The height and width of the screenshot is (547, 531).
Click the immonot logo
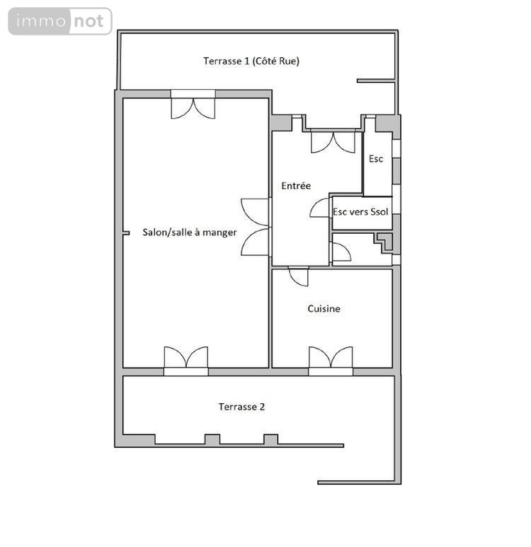(x=60, y=21)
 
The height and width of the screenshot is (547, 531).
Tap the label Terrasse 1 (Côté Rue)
(x=251, y=61)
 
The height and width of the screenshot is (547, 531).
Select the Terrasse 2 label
(x=241, y=407)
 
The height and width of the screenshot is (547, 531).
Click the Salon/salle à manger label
(x=190, y=232)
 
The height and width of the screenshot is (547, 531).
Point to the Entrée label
(x=296, y=186)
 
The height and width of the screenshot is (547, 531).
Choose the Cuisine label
(x=324, y=308)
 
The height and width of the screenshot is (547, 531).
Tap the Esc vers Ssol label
(x=360, y=212)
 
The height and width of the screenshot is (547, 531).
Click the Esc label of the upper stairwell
(x=376, y=159)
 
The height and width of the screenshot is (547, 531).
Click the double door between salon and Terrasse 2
(x=186, y=357)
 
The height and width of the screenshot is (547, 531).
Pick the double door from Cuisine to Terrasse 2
(x=331, y=357)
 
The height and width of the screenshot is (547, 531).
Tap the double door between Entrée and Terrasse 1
(x=333, y=142)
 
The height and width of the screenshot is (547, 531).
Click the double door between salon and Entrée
(x=256, y=227)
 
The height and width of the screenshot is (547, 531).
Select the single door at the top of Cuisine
(x=299, y=276)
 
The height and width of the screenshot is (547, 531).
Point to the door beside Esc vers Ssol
(x=320, y=208)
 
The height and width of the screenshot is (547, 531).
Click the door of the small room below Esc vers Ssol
(x=341, y=252)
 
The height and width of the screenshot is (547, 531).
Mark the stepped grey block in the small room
(x=385, y=242)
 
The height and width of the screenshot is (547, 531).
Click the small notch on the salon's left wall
(x=126, y=233)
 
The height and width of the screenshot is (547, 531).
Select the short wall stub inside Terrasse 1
(x=376, y=81)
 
